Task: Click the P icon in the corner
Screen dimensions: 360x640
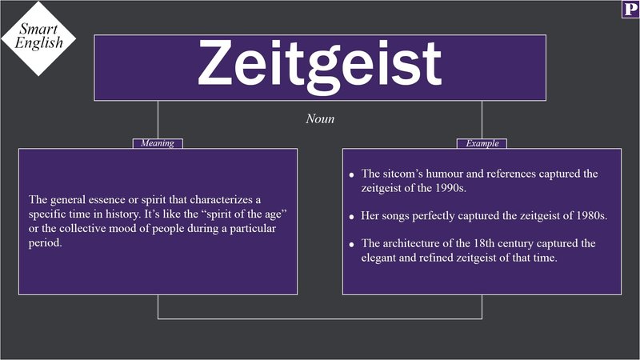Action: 630,10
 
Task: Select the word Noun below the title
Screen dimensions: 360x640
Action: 320,118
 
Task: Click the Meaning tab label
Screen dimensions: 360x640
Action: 158,144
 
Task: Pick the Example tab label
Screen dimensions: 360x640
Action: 482,144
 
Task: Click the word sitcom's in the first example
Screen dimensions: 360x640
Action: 407,174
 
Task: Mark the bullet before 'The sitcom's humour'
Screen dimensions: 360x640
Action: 351,175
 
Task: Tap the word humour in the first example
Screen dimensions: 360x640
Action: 457,174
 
